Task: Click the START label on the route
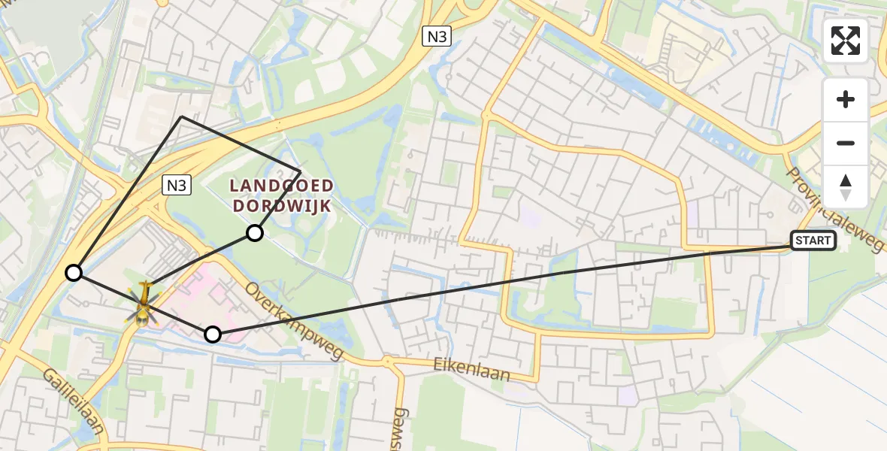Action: [813, 241]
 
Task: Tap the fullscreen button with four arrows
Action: [846, 41]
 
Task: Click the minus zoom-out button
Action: [846, 143]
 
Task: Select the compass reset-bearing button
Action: [846, 186]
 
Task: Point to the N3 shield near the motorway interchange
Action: [436, 35]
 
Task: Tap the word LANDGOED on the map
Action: [282, 186]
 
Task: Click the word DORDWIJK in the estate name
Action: [282, 204]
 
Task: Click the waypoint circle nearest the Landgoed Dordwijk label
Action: [255, 233]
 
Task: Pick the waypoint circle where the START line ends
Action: [213, 334]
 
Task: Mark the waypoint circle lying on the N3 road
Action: [74, 273]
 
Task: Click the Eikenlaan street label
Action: [471, 368]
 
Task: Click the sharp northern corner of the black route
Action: [181, 117]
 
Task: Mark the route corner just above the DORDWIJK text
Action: [300, 171]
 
